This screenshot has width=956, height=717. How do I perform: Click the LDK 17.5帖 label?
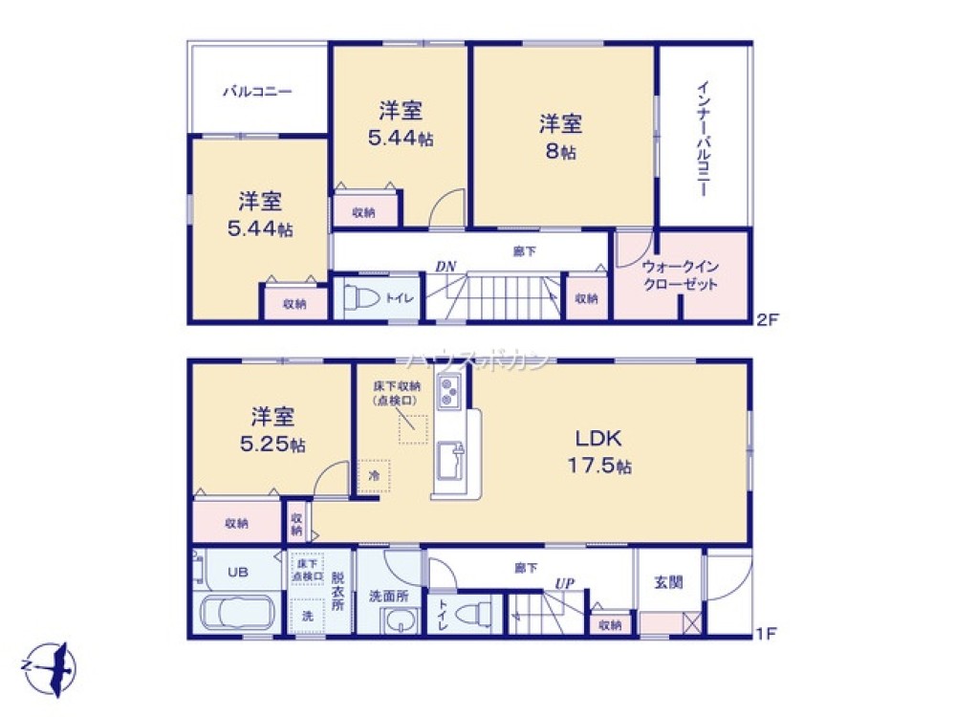click(599, 452)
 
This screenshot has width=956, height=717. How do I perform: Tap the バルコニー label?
click(257, 92)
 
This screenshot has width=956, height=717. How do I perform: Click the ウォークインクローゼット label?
click(680, 275)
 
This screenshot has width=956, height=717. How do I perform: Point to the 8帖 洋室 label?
click(561, 137)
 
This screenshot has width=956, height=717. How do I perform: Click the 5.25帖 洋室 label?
click(272, 430)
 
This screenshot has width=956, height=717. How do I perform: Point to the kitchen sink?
click(450, 461)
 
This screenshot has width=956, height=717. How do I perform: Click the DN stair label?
click(445, 267)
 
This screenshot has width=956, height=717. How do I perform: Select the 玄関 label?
click(668, 582)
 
